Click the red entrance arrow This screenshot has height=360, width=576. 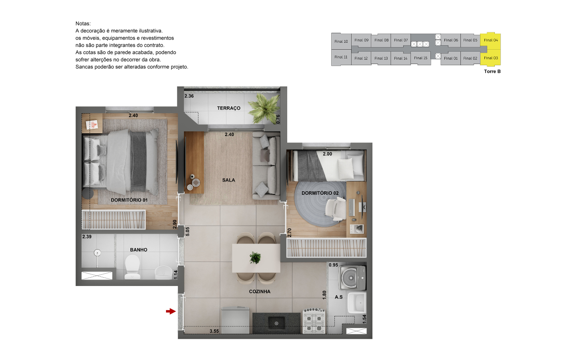point(171,311)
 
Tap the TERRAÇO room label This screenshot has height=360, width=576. point(229,108)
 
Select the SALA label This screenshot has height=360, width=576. point(229,180)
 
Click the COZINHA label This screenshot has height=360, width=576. point(260,292)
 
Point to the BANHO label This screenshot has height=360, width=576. point(138,250)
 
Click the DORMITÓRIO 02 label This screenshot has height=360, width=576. point(320,193)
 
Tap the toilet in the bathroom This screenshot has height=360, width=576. point(132,267)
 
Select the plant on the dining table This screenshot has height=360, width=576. point(255,258)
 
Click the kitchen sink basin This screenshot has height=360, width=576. point(276,323)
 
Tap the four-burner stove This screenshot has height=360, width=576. point(314,321)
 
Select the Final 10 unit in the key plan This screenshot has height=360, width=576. point(341,41)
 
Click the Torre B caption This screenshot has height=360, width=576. point(492,72)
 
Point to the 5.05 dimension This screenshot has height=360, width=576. point(188,232)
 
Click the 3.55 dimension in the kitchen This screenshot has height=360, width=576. point(214,331)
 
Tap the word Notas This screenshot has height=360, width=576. point(83,24)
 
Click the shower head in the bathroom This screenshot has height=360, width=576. point(97,253)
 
